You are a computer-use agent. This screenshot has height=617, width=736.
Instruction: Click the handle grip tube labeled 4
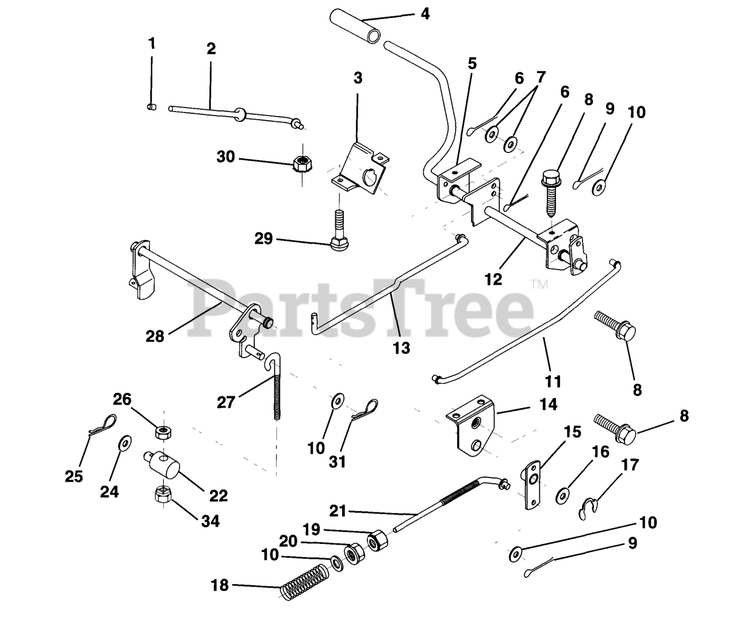tap(355, 26)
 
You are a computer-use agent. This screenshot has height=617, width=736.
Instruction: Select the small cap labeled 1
tap(152, 107)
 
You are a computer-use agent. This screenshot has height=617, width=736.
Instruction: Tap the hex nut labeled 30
tap(302, 164)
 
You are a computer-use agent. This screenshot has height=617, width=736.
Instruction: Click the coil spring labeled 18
tap(305, 583)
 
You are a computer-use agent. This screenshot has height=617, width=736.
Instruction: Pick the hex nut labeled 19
tap(377, 541)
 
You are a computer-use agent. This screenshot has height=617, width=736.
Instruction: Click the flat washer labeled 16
tap(562, 496)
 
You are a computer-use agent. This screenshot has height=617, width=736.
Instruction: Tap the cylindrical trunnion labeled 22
tap(162, 465)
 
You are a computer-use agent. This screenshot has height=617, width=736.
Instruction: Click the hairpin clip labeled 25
tap(102, 425)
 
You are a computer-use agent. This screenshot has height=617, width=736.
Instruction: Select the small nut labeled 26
tap(163, 432)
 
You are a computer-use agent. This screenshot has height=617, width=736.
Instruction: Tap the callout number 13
tap(401, 348)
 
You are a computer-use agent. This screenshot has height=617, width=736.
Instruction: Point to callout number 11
tap(553, 381)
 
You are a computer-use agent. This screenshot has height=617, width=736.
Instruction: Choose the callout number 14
tap(548, 404)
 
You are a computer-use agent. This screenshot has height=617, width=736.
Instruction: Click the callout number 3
tap(358, 78)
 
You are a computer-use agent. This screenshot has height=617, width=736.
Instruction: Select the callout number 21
tap(338, 511)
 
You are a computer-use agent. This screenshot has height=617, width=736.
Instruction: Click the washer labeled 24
tap(125, 443)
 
